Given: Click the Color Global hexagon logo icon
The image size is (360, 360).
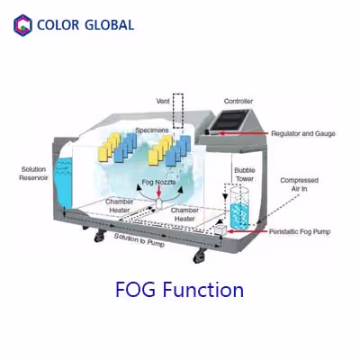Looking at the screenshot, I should (22, 24).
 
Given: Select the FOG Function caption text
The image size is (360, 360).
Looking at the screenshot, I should (180, 290).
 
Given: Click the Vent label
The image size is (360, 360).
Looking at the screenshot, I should (163, 101).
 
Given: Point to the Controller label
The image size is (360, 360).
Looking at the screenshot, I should (238, 101).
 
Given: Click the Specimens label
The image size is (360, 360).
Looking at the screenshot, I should (151, 130).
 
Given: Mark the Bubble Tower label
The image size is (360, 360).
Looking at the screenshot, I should (245, 173).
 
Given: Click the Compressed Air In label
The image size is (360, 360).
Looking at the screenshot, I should (299, 184).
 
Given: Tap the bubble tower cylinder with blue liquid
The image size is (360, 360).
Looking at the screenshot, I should (239, 214).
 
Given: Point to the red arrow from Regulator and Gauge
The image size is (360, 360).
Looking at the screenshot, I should (238, 133).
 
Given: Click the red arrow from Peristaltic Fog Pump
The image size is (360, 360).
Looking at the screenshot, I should (243, 231).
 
